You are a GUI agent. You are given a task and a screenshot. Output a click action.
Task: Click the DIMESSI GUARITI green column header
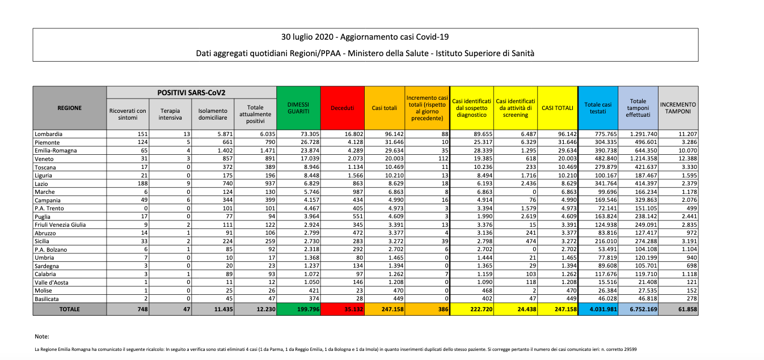tap(298, 108)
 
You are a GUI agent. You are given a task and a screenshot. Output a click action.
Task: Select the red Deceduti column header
tap(343, 108)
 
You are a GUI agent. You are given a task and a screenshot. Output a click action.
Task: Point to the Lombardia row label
tap(48, 134)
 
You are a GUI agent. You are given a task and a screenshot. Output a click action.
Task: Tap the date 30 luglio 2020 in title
tap(308, 37)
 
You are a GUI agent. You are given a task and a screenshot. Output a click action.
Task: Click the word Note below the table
tap(41, 337)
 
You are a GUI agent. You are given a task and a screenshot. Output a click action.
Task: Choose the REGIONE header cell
tap(69, 108)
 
